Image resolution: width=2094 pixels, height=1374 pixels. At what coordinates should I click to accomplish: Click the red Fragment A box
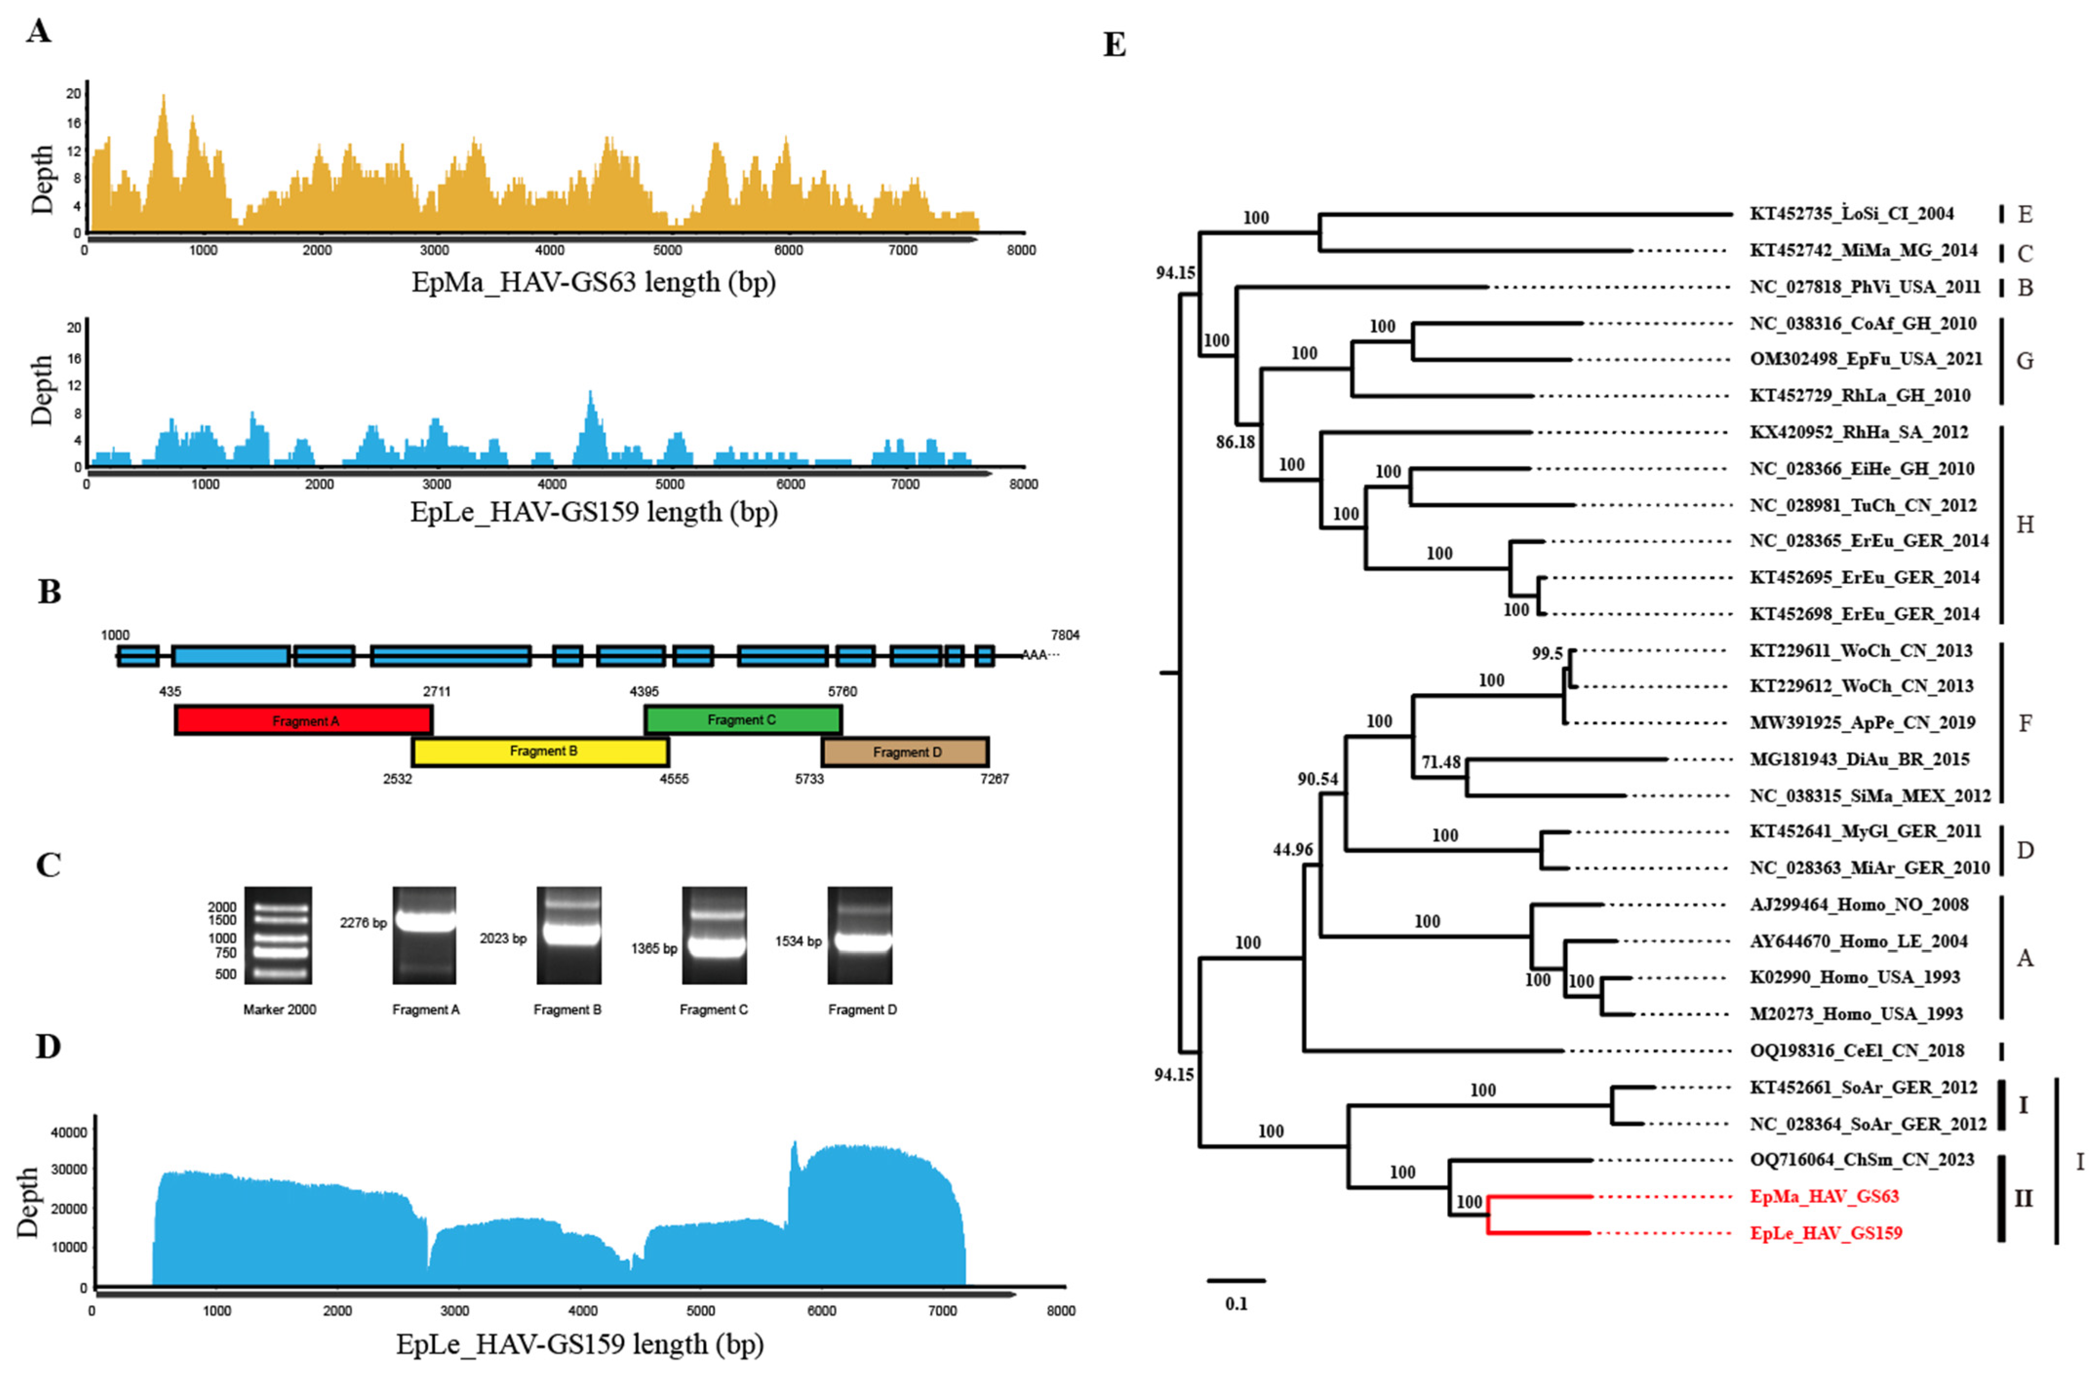point(304,720)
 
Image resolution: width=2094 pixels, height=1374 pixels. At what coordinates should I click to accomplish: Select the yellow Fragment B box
point(540,751)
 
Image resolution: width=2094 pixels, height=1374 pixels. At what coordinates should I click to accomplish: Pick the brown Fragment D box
point(905,752)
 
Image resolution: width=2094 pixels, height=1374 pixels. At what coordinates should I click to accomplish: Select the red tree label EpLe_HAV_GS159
point(1826,1233)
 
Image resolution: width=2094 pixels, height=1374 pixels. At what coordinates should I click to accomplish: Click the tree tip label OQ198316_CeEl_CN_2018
point(1857,1050)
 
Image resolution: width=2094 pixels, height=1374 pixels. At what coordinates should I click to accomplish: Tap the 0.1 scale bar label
point(1236,1304)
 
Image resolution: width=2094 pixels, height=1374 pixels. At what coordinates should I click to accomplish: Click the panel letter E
point(1114,44)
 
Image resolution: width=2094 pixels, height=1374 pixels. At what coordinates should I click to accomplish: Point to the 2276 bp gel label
point(363,923)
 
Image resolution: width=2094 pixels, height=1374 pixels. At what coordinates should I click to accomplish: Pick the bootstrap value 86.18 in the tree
point(1235,442)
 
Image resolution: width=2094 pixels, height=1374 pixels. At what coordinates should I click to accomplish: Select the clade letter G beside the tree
point(2024,361)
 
